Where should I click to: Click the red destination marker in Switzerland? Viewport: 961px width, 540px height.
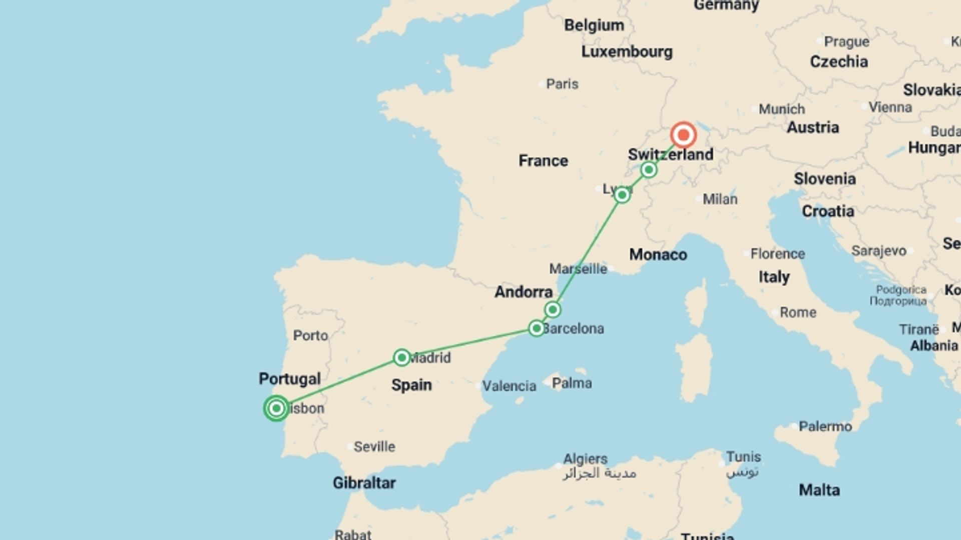(683, 135)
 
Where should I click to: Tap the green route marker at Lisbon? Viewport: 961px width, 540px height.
(276, 408)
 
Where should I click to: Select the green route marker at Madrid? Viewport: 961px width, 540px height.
(401, 357)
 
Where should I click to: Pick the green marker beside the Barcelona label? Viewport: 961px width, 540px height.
(536, 328)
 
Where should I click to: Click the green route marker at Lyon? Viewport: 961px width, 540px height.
(622, 194)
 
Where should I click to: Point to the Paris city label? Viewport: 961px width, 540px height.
(562, 84)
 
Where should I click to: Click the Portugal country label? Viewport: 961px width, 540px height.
(289, 378)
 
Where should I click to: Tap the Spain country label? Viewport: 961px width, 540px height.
(411, 385)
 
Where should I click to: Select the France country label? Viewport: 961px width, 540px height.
(543, 160)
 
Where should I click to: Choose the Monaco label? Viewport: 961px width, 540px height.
(658, 254)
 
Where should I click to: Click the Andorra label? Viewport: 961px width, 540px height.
(524, 291)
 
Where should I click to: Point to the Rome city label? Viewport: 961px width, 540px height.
(798, 312)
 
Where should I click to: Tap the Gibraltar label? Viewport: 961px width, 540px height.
(364, 482)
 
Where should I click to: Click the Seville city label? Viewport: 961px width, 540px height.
(374, 446)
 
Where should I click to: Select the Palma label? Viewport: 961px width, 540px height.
(572, 383)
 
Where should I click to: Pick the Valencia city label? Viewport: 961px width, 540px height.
(509, 386)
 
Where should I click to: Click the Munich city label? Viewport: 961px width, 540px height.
(781, 109)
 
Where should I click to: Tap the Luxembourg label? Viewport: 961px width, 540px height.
(627, 51)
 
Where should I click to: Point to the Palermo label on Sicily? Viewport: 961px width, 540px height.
(825, 426)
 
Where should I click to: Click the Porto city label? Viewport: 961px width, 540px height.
(310, 335)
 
